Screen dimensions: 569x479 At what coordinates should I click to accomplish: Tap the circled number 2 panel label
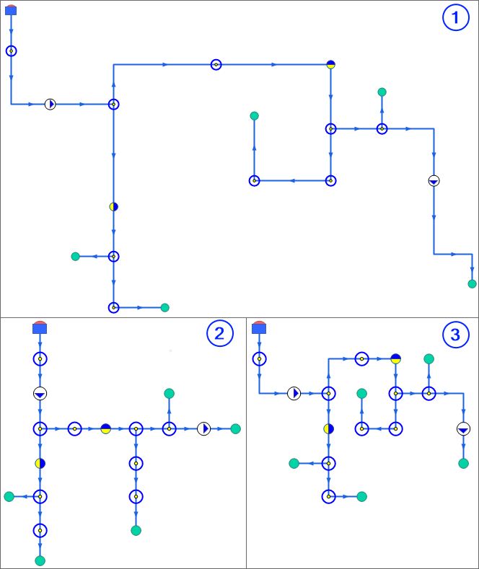coord(219,333)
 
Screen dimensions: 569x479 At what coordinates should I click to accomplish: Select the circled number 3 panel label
coord(454,334)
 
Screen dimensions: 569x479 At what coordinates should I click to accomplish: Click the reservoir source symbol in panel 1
coord(11,10)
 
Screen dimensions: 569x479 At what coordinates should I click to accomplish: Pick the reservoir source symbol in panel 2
coord(40,327)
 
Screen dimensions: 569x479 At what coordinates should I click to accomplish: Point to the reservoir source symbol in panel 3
coord(259,327)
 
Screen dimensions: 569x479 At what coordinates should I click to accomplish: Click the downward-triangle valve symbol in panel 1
coord(434,181)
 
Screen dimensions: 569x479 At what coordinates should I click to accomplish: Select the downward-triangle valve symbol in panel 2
coord(40,394)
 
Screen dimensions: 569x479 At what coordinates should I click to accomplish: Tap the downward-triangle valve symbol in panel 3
coord(463,429)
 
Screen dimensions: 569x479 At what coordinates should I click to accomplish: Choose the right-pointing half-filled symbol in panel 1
coord(50,105)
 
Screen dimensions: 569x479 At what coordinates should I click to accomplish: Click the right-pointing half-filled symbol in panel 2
coord(204,429)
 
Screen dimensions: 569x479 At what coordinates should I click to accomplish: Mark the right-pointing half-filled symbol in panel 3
coord(294,393)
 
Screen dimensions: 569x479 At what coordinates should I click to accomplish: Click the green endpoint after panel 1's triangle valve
coord(472,284)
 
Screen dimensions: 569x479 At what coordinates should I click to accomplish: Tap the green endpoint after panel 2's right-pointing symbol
coord(235,429)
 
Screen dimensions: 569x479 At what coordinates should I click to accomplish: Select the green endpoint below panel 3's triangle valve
coord(463,463)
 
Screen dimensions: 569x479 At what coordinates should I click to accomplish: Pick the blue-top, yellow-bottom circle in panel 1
coord(330,64)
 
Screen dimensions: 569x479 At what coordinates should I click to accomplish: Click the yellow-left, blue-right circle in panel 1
coord(113,207)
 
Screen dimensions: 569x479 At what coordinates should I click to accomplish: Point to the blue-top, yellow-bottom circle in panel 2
coord(106,429)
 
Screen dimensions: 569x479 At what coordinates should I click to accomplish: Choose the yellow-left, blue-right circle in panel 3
coord(329,429)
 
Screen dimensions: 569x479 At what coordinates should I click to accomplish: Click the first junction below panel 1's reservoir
coord(11,51)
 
